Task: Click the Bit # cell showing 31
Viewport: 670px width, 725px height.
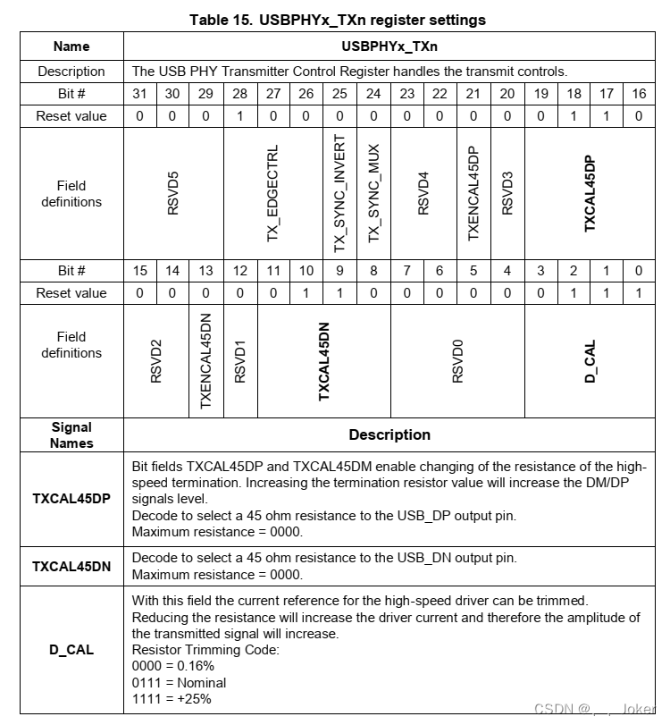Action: point(140,93)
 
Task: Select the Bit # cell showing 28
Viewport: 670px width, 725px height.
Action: point(240,93)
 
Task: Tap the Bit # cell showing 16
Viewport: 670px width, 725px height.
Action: point(639,93)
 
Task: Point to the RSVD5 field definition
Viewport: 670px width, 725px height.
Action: point(174,194)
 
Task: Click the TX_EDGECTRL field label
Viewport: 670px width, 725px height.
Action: point(273,194)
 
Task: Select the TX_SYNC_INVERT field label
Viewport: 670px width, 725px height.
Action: point(339,194)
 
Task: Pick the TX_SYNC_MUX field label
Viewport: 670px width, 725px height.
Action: point(373,194)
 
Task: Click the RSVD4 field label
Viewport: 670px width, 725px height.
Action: point(423,194)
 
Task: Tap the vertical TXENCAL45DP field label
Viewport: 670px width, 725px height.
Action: point(473,194)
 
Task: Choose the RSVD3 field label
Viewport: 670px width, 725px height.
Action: point(507,194)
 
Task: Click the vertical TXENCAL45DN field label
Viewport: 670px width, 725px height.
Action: point(206,361)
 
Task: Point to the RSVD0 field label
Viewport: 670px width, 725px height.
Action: point(457,361)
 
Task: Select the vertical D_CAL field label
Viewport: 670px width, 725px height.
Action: point(590,361)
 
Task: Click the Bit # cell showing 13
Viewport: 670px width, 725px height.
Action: point(206,271)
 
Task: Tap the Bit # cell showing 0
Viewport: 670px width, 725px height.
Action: point(639,271)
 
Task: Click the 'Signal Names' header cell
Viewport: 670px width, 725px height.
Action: point(71,434)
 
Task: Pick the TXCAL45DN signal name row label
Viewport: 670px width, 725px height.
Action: point(71,566)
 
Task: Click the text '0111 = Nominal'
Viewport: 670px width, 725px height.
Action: point(180,682)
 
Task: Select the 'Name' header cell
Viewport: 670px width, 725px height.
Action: point(71,46)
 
